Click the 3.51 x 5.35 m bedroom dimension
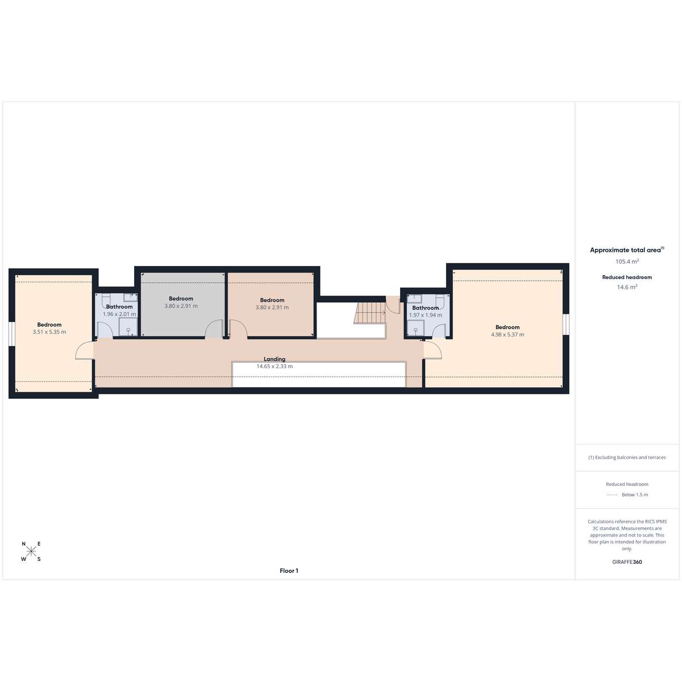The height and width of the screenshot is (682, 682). coord(49,332)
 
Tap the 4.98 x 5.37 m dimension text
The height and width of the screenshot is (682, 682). coord(508,334)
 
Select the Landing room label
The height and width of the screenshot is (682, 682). coord(275,359)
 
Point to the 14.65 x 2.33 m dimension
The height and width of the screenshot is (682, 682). coord(275,367)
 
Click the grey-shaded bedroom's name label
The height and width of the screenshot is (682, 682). coord(181,299)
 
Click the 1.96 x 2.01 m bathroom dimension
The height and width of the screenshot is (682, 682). coord(119,314)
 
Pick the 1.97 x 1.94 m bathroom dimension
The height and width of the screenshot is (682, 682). coord(426,315)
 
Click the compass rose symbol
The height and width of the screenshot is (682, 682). coord(31,551)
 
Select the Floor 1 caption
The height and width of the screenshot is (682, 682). coord(289,571)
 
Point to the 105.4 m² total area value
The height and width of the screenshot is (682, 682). coord(627,261)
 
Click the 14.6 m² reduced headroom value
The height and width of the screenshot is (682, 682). coord(627,287)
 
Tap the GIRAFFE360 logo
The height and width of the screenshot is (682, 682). coord(627,562)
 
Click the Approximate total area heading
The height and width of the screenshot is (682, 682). coord(627,250)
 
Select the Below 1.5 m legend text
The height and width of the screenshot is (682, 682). coord(635,494)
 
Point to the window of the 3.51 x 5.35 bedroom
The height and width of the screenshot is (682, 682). coord(12,333)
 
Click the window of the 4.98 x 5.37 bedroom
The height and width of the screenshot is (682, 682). coord(566,324)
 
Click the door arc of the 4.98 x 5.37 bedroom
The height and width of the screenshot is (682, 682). coord(433,350)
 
